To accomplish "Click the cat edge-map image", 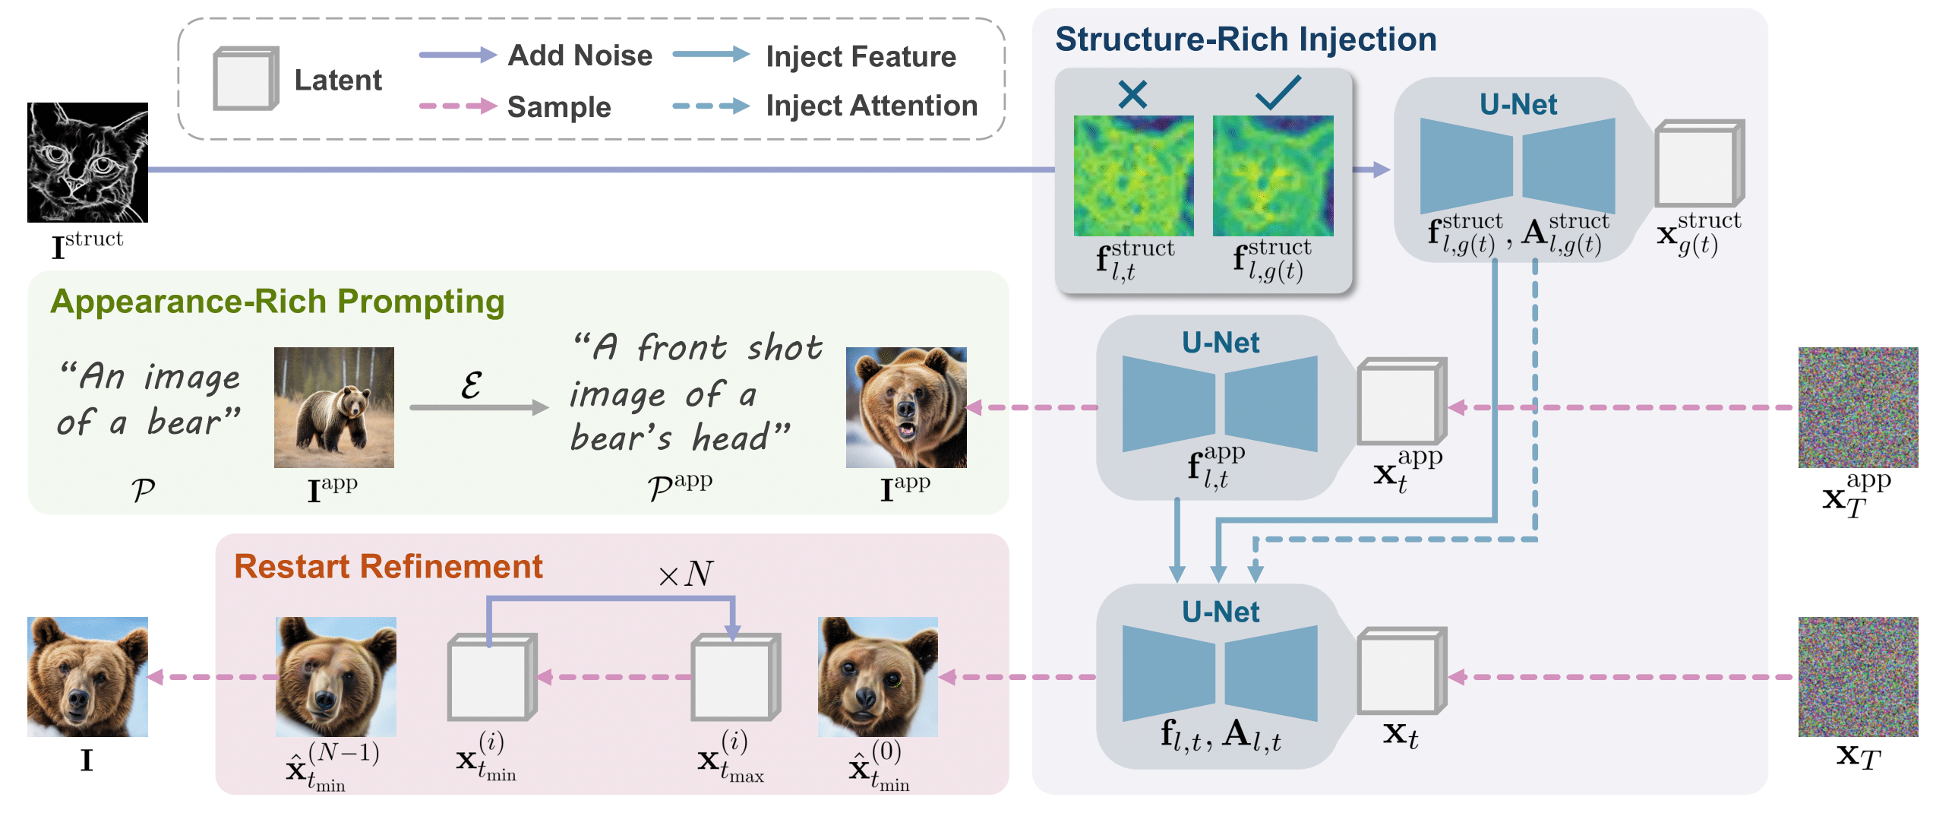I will pos(87,162).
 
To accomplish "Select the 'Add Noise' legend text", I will pos(580,55).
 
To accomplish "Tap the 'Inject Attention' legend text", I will pos(871,106).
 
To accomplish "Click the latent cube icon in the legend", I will pos(245,79).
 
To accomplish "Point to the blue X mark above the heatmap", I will pos(1132,94).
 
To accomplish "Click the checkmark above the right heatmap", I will pos(1278,93).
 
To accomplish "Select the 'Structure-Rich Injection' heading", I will pos(1246,40).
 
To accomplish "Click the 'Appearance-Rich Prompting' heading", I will pos(277,302).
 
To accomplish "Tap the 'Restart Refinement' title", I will pos(388,567).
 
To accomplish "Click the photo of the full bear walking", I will pos(333,407).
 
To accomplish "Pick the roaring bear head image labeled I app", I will pos(905,407).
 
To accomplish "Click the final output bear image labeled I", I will pos(87,676).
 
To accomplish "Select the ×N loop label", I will pos(685,574).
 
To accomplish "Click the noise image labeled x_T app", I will pos(1857,407).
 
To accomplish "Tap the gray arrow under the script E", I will pos(479,408).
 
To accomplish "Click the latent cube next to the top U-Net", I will pos(1698,163).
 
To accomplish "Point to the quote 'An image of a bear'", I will pos(149,399).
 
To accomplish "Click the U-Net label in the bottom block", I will pos(1220,612).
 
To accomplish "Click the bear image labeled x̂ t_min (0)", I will pos(877,676).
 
